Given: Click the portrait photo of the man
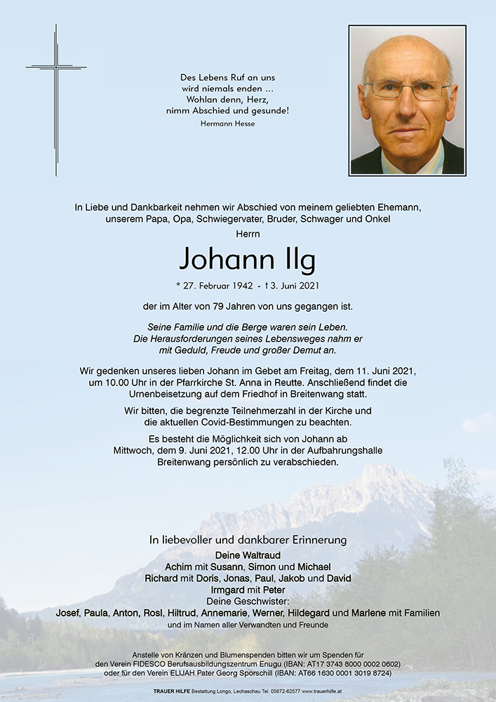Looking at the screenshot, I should (x=407, y=100).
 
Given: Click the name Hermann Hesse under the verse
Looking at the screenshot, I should (x=227, y=124).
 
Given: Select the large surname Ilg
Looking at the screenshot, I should (x=295, y=259).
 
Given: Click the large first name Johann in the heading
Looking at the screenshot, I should (x=224, y=259).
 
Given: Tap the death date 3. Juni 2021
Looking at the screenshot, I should (x=290, y=285).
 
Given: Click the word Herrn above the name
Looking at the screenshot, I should (x=248, y=233).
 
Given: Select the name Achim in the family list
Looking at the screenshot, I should (x=178, y=567).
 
